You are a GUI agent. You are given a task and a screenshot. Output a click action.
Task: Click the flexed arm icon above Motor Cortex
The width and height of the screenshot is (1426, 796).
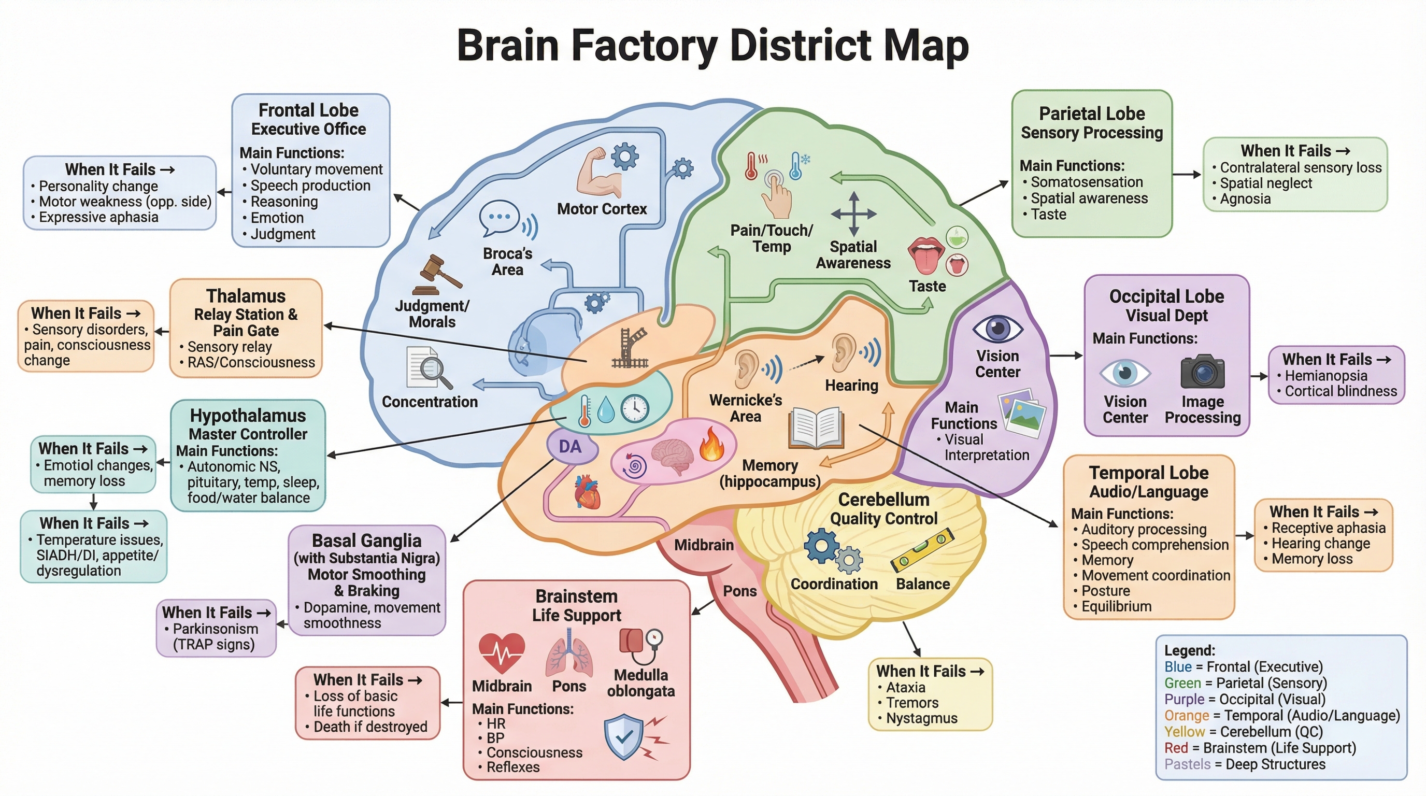coord(597,173)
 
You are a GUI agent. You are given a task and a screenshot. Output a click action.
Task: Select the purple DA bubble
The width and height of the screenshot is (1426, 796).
coord(571,447)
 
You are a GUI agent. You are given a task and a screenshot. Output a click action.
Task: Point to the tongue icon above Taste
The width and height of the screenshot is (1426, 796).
coord(926,255)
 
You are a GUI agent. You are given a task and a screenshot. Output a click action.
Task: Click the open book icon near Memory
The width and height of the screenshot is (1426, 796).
coord(816,428)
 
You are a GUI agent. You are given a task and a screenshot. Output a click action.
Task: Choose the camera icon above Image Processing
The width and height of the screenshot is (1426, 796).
coord(1202,372)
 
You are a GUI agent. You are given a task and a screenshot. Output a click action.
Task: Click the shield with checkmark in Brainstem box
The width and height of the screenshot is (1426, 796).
coord(624,736)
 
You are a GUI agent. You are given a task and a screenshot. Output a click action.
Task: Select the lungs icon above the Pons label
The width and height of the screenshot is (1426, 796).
coord(569,653)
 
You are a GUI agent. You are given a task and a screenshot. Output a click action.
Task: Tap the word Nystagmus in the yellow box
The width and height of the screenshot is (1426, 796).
coord(921,718)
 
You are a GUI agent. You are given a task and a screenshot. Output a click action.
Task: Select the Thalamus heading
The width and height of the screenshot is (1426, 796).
coord(246,295)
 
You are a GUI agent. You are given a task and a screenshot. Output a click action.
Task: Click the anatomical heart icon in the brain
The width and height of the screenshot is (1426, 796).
coord(587,492)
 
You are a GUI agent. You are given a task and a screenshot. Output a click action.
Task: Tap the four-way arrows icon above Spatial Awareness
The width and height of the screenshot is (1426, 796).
coord(853,214)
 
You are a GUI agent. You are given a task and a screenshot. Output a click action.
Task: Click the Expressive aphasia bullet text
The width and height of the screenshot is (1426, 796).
coord(98,217)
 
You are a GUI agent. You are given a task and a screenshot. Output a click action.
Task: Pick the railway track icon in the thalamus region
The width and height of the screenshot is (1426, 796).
coord(630,349)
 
